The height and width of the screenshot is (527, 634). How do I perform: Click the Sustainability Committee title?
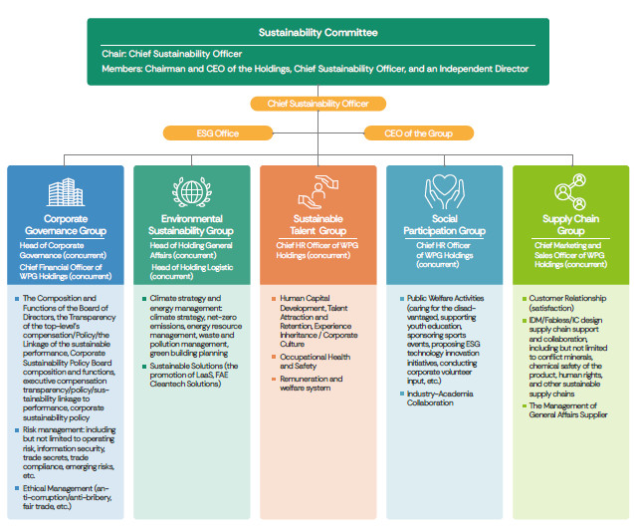coord(317,32)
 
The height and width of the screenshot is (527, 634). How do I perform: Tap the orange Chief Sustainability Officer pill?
coord(317,103)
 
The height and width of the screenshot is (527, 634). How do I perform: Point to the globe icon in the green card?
coord(191,191)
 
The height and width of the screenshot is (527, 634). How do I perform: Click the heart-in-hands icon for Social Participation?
coord(445,191)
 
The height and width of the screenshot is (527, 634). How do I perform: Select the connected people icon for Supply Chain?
coord(571,191)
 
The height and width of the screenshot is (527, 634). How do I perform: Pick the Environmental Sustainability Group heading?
coord(191,224)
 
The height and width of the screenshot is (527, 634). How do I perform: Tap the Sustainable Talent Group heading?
coord(318,224)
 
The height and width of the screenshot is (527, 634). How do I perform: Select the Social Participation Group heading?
coord(445,224)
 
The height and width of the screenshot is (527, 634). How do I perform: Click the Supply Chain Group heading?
coord(571,224)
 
